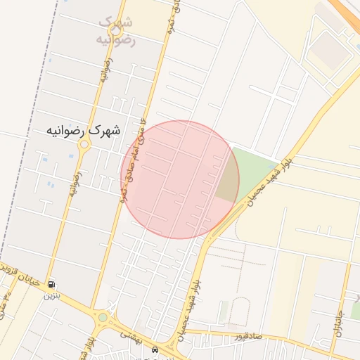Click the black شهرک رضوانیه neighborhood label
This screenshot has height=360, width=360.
(x=83, y=130)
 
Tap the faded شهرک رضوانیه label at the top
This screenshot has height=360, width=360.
(x=114, y=31)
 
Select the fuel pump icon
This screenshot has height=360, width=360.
(x=52, y=285)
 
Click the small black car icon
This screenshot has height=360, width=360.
(x=155, y=349)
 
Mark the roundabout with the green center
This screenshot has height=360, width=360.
(x=103, y=318)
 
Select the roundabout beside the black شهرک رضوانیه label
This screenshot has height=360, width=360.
(x=84, y=146)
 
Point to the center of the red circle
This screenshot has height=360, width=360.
(x=180, y=179)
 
